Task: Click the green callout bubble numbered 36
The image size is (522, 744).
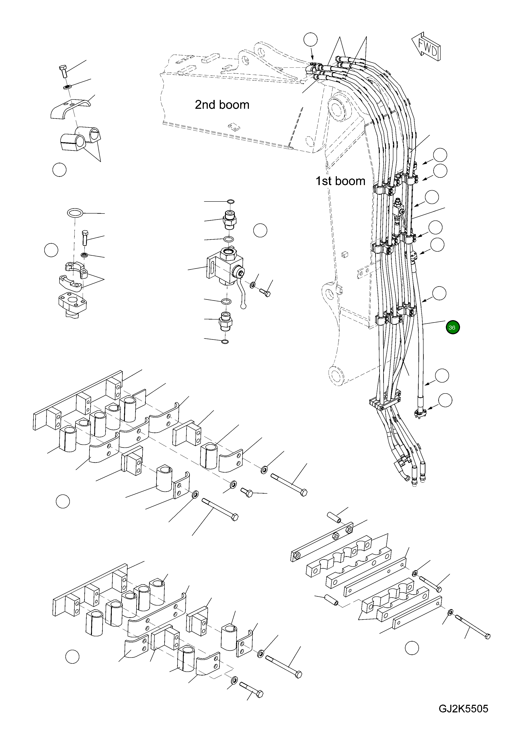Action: (453, 327)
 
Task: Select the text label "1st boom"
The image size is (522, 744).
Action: (340, 181)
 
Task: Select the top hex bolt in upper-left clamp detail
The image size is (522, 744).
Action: (63, 70)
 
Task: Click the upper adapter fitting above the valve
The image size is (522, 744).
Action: (229, 220)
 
